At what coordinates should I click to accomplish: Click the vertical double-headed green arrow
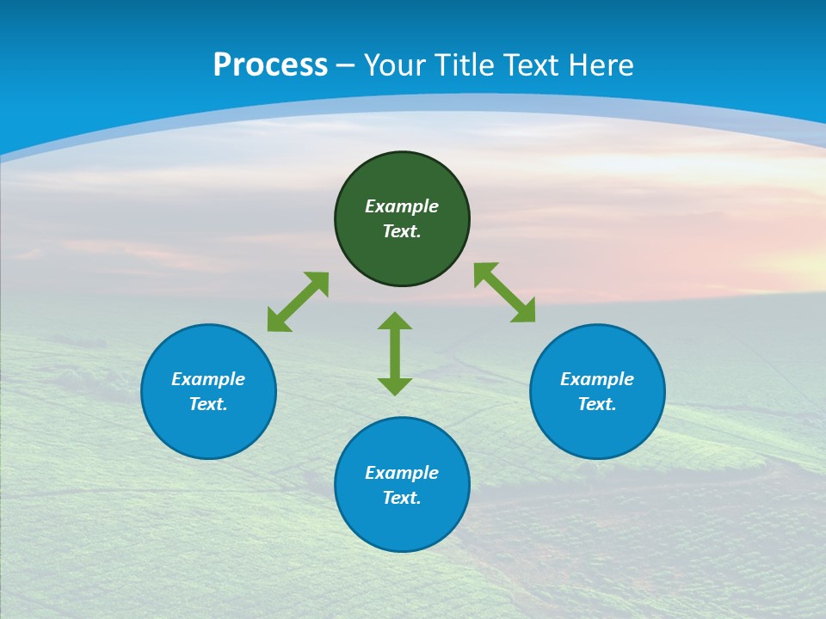(x=395, y=353)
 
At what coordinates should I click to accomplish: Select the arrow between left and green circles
(x=298, y=302)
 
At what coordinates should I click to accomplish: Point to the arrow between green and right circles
(x=504, y=292)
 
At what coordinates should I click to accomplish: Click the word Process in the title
(x=270, y=65)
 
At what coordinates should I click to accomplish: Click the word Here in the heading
(x=600, y=65)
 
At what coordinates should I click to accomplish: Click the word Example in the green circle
(x=402, y=206)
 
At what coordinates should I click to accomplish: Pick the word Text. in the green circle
(x=402, y=231)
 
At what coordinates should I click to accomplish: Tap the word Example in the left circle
(x=208, y=379)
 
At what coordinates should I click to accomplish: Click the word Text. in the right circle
(x=597, y=404)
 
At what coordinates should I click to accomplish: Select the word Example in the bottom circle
(x=402, y=473)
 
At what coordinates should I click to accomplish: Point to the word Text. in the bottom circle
(x=402, y=498)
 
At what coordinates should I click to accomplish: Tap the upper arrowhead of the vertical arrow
(x=395, y=322)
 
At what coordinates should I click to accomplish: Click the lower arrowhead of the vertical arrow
(x=395, y=386)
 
